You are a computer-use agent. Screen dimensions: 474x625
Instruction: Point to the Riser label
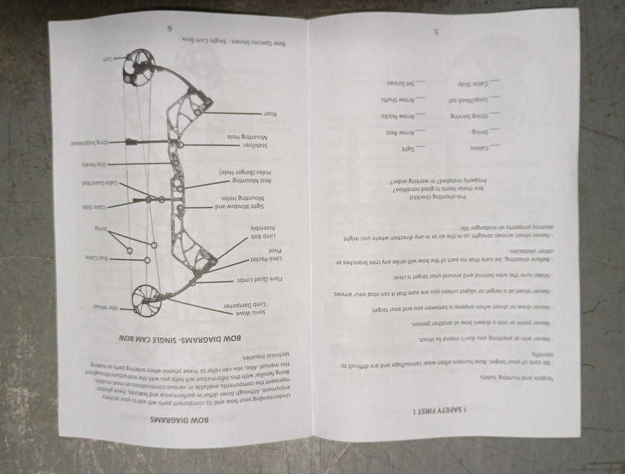270,114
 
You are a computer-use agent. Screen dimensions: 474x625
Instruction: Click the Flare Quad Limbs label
261,279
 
